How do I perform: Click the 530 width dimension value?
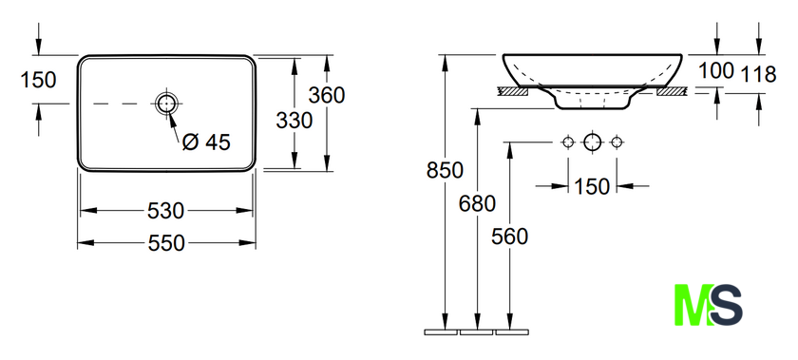165,210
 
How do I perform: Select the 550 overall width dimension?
166,243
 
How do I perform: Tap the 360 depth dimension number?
327,95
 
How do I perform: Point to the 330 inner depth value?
294,121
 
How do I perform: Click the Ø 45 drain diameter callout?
206,142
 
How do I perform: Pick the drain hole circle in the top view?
166,104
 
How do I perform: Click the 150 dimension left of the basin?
38,80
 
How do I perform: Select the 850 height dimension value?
445,171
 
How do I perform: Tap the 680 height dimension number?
477,203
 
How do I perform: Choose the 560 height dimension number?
509,237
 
